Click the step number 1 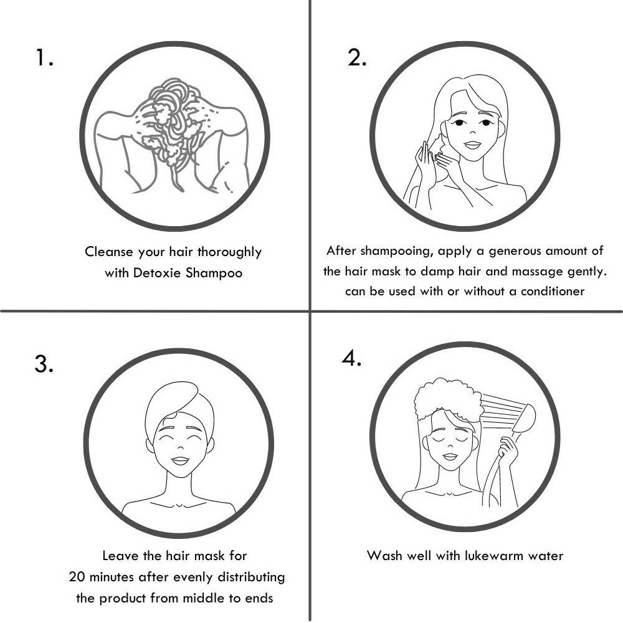[44, 57]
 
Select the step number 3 [44, 364]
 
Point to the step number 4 [351, 358]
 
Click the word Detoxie [157, 273]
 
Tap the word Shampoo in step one [214, 273]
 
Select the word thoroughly [229, 252]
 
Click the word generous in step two [515, 252]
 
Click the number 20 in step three [77, 576]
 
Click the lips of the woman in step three [180, 461]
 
